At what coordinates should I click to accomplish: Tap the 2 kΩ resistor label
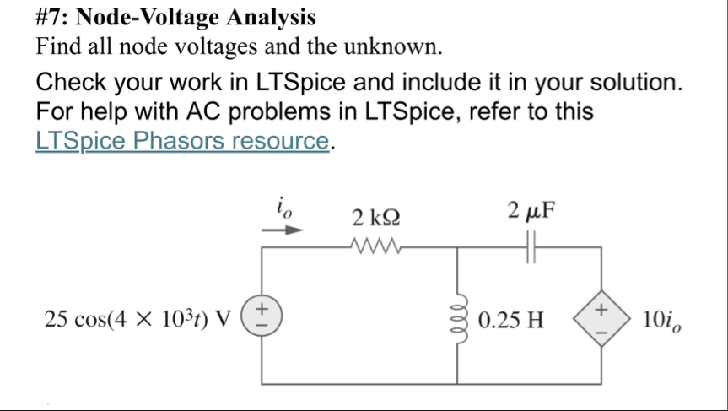[376, 219]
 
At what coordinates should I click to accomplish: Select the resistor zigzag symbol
[376, 247]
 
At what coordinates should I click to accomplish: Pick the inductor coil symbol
[458, 319]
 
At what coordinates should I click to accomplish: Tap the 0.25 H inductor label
[510, 321]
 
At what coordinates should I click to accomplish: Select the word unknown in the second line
[396, 47]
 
